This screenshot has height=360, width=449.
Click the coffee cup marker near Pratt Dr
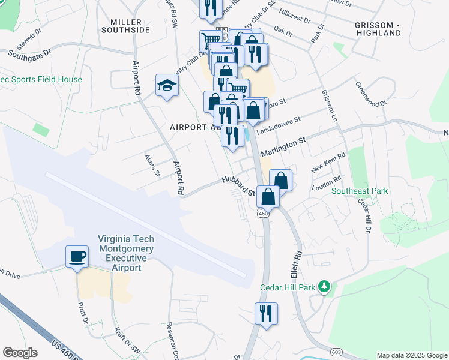click(x=77, y=257)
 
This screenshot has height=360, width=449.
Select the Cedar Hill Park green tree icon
click(x=324, y=287)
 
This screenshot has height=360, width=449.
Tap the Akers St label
click(x=153, y=166)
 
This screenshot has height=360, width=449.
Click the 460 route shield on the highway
click(x=262, y=214)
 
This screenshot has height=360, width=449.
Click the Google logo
click(x=20, y=352)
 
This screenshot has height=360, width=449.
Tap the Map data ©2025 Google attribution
click(x=411, y=355)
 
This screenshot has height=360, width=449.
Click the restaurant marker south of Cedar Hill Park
click(x=265, y=314)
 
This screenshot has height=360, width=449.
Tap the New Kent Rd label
click(x=329, y=163)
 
